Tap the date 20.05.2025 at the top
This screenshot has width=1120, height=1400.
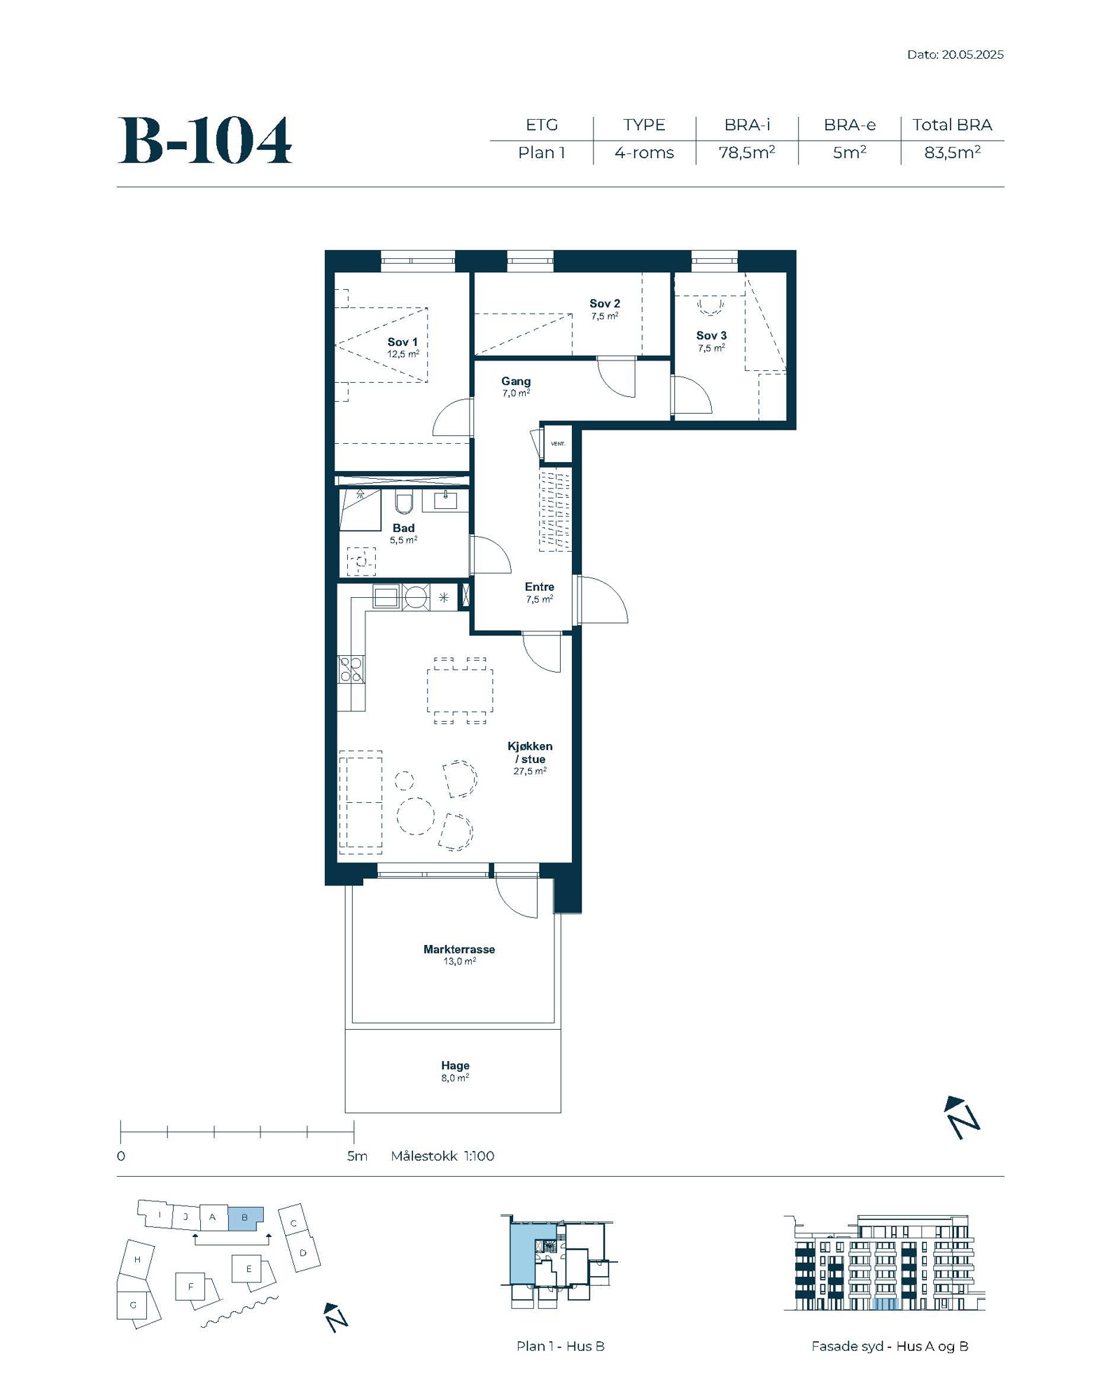point(972,55)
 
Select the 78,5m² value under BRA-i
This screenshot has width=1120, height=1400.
point(746,153)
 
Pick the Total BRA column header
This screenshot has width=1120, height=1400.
point(952,125)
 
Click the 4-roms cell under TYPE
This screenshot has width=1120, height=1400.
point(644,153)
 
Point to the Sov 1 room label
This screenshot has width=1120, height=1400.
point(402,342)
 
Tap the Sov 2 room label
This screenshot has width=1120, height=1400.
point(605,304)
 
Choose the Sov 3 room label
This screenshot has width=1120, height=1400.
point(711,336)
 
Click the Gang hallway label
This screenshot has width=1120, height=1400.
point(516,381)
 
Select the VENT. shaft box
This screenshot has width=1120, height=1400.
point(558,444)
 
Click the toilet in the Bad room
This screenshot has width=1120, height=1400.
point(404,501)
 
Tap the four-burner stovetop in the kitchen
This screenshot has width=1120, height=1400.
point(351,669)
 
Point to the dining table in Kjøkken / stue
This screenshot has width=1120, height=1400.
point(460,691)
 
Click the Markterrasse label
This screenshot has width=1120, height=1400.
point(459,949)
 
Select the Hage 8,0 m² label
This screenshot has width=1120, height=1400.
point(455,1071)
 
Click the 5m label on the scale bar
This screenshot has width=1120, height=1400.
point(357,1156)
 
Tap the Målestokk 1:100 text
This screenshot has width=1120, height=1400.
point(442,1156)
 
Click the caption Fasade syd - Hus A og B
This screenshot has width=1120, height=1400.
point(890,1346)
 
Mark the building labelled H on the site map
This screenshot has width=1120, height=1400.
point(137,1260)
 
